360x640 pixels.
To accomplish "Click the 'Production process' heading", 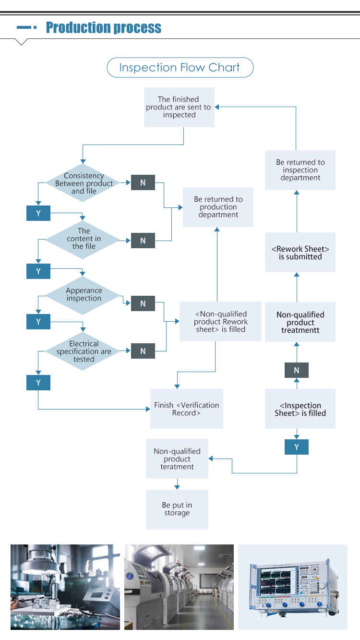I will pyautogui.click(x=103, y=28).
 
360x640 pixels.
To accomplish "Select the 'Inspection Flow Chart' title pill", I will pyautogui.click(x=180, y=68).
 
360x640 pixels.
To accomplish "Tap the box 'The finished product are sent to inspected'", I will pyautogui.click(x=179, y=107).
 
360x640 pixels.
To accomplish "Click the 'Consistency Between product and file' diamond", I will pyautogui.click(x=84, y=183).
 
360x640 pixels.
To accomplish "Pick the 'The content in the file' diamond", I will pyautogui.click(x=84, y=239).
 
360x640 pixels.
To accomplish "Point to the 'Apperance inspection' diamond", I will pyautogui.click(x=84, y=294).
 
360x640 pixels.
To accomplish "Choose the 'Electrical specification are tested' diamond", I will pyautogui.click(x=84, y=351).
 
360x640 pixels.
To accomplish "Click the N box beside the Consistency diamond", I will pyautogui.click(x=143, y=183).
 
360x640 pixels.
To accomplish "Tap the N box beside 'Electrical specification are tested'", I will pyautogui.click(x=143, y=351).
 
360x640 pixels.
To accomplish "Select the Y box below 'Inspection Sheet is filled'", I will pyautogui.click(x=297, y=447).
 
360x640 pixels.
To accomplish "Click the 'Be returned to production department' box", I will pyautogui.click(x=218, y=207).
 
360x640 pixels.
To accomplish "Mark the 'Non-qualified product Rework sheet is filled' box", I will pyautogui.click(x=220, y=322).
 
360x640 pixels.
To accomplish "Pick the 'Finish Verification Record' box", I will pyautogui.click(x=187, y=409).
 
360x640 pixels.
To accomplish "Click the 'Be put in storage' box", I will pyautogui.click(x=177, y=509).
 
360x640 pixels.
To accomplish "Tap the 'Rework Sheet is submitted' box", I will pyautogui.click(x=300, y=253).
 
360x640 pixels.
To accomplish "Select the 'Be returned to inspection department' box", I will pyautogui.click(x=300, y=170).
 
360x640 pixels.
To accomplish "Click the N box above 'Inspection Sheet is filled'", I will pyautogui.click(x=297, y=370).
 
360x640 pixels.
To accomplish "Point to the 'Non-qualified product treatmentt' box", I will pyautogui.click(x=300, y=322).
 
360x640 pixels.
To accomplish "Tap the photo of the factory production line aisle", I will pyautogui.click(x=179, y=587).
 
